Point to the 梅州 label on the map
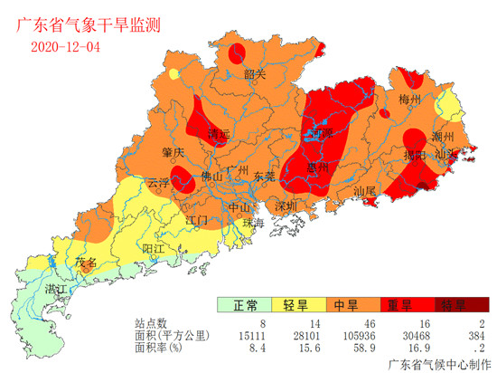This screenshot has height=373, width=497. [410, 99]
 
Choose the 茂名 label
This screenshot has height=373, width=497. [85, 263]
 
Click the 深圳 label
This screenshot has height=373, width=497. [286, 206]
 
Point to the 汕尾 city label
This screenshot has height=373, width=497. [363, 192]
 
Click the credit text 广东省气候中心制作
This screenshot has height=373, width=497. [435, 364]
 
